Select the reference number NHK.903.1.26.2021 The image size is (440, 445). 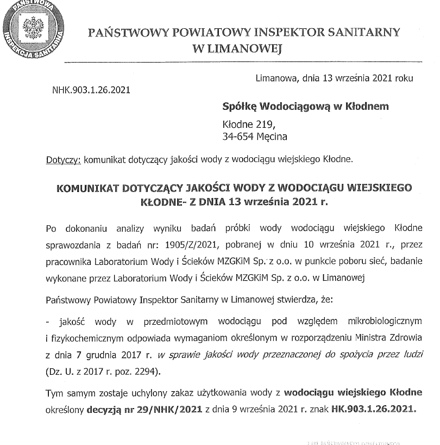pos(91,90)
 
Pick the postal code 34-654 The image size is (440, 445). pos(239,136)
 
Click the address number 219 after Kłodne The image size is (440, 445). pos(259,124)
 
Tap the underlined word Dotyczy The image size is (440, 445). pos(64,160)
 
